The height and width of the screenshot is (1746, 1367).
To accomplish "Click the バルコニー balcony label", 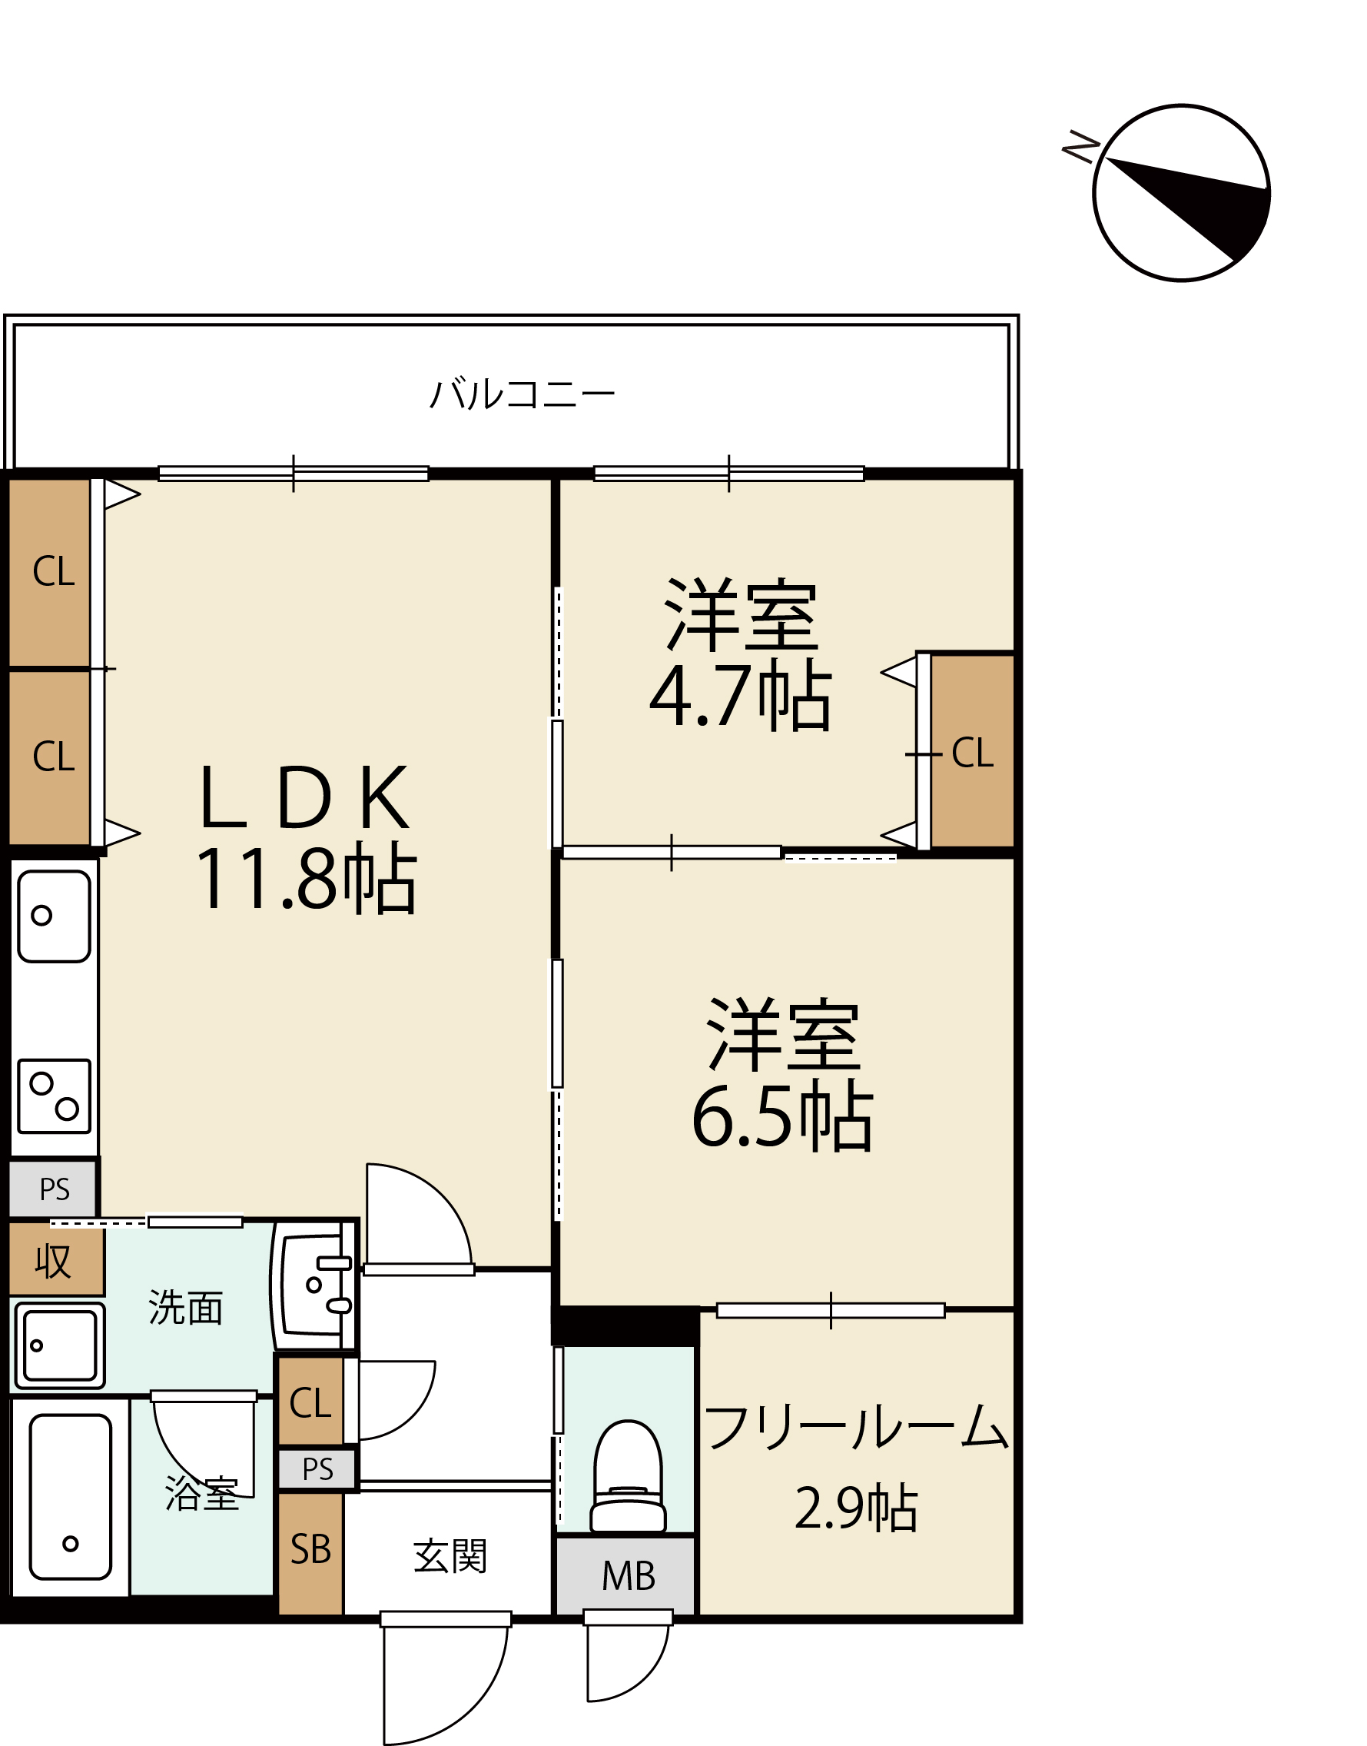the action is tap(522, 394).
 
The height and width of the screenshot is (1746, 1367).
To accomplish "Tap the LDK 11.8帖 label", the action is tap(306, 837).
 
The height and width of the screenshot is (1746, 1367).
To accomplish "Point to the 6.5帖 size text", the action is tap(783, 1116).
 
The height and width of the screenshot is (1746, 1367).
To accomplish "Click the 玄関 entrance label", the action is tap(450, 1556).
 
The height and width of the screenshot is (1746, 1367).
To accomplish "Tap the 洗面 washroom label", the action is tap(186, 1307).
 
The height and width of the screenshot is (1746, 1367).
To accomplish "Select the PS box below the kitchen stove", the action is tap(54, 1189).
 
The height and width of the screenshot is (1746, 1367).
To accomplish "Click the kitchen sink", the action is tap(55, 916).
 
